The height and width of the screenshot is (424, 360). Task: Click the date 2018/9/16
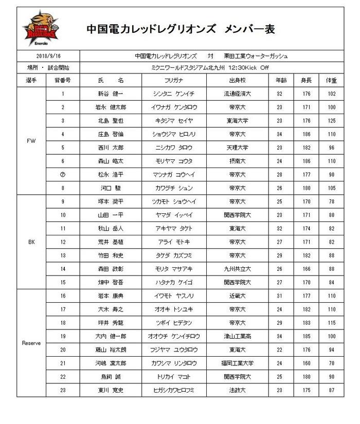(48, 55)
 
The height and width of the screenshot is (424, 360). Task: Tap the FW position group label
(31, 141)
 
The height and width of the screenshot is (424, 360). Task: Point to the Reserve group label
(31, 343)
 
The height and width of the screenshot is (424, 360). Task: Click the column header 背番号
(63, 81)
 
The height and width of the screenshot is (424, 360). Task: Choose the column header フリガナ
(174, 81)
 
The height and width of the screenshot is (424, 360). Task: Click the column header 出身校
(237, 81)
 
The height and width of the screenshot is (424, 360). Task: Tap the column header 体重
(331, 81)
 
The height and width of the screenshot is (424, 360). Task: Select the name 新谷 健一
(111, 94)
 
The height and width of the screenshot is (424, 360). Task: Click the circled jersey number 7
(63, 174)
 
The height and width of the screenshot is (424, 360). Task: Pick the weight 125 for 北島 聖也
(331, 121)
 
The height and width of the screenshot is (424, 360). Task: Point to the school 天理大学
(237, 148)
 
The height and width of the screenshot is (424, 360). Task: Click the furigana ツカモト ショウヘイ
(174, 201)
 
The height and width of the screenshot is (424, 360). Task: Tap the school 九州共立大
(237, 269)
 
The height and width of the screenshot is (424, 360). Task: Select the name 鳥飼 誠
(111, 377)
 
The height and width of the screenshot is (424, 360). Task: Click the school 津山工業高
(237, 336)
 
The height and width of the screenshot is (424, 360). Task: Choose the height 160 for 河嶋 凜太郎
(307, 363)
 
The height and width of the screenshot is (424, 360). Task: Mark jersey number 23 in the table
(63, 390)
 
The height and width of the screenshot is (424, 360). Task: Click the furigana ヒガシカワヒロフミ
(174, 390)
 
